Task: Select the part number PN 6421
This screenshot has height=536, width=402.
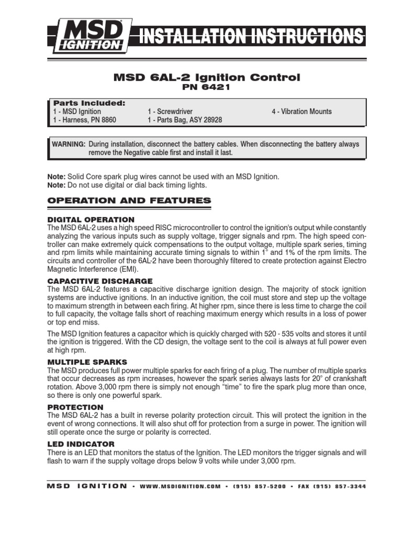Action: tap(207, 87)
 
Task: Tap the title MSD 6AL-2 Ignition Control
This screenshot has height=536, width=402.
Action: tap(207, 77)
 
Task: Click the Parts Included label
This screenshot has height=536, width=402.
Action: tap(89, 103)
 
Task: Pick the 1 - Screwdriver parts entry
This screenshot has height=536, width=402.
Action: tap(170, 111)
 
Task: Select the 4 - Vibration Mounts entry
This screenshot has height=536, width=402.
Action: tap(301, 111)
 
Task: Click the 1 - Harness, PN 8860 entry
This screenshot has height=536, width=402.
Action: tap(84, 120)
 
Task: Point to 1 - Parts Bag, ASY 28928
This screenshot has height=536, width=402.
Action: tap(185, 120)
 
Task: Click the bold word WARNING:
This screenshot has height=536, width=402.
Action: tap(68, 144)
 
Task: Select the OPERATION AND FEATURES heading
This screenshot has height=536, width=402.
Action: tap(129, 200)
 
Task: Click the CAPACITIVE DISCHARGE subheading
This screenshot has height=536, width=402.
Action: tap(100, 281)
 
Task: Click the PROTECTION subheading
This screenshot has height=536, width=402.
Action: tap(75, 407)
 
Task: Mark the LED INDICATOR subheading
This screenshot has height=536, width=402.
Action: tap(81, 444)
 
